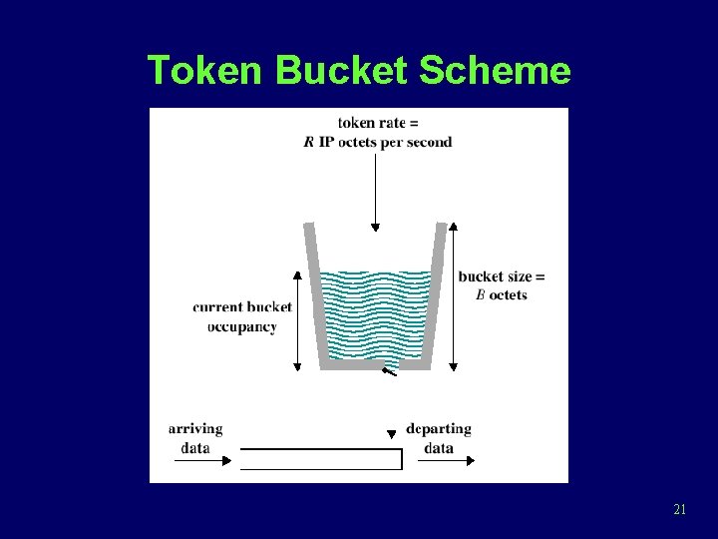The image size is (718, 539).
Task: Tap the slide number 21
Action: tap(679, 510)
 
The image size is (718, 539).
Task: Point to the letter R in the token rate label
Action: tap(309, 142)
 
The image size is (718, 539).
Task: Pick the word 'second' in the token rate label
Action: tap(428, 142)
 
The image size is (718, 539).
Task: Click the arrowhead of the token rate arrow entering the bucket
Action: tap(375, 227)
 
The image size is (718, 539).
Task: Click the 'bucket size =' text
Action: tap(502, 276)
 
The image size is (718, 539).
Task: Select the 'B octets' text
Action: tap(502, 294)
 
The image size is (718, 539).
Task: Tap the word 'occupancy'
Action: tap(242, 326)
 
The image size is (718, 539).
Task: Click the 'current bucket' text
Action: tap(242, 306)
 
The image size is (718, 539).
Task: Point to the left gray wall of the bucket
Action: tap(316, 294)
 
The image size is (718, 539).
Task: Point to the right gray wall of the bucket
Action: tap(436, 294)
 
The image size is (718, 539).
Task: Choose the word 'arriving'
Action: tap(195, 429)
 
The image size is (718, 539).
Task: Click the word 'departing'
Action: tap(439, 429)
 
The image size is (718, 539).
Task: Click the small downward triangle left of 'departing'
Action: tap(391, 433)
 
